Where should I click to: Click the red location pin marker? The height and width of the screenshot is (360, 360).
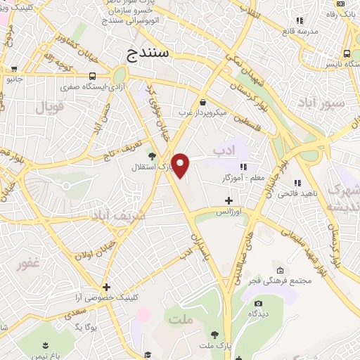click(181, 165)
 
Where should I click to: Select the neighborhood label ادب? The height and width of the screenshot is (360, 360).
click(223, 150)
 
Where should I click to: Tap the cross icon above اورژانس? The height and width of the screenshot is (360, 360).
click(229, 200)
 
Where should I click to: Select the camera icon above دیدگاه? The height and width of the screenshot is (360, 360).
click(258, 304)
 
